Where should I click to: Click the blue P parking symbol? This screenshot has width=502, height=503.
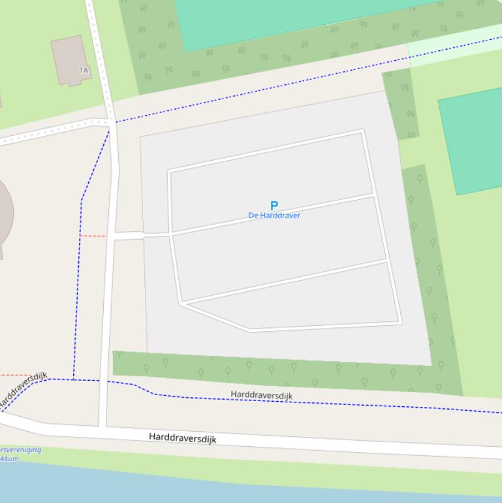tap(274, 205)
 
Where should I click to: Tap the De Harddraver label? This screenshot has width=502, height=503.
tap(274, 216)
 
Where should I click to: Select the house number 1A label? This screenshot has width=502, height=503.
tap(84, 70)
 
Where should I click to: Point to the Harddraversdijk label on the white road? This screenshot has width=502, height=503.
tap(182, 438)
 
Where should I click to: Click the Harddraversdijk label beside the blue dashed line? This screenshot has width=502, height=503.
tap(261, 395)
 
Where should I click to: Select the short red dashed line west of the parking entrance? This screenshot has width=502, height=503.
tap(92, 236)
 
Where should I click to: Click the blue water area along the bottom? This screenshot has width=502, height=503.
tap(196, 487)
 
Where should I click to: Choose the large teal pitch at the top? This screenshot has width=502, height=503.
tap(294, 20)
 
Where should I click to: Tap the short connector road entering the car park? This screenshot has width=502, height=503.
tap(129, 235)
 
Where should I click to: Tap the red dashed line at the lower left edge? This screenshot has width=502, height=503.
tap(13, 376)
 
